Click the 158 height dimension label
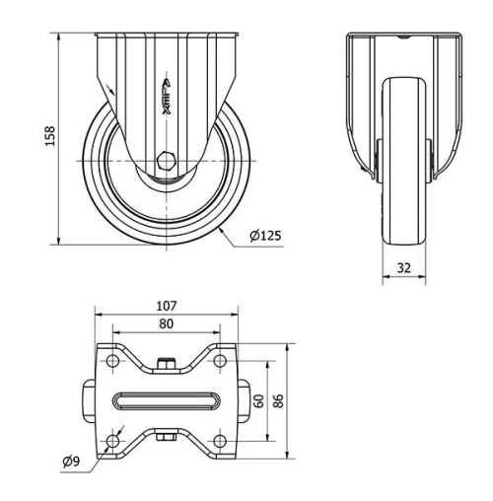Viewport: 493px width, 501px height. pyautogui.click(x=50, y=137)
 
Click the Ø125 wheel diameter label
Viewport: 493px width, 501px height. pyautogui.click(x=265, y=236)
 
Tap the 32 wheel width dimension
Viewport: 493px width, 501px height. pyautogui.click(x=403, y=266)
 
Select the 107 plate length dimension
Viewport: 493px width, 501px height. pyautogui.click(x=166, y=306)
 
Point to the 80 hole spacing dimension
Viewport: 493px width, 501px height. pyautogui.click(x=166, y=322)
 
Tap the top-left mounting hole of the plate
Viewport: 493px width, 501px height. pyautogui.click(x=112, y=364)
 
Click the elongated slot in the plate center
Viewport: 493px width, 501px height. pyautogui.click(x=166, y=400)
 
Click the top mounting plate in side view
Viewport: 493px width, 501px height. pyautogui.click(x=168, y=36)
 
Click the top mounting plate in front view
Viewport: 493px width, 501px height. pyautogui.click(x=403, y=36)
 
